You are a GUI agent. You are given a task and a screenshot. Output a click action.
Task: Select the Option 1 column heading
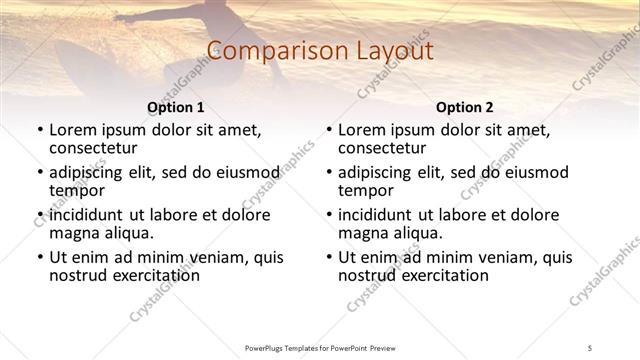(175, 107)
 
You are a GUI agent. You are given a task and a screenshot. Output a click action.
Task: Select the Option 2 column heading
(464, 107)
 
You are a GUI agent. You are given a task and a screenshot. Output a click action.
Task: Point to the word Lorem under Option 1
(73, 129)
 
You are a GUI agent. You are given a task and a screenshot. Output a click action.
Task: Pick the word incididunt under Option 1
(86, 215)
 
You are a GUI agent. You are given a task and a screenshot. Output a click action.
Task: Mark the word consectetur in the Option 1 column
(97, 147)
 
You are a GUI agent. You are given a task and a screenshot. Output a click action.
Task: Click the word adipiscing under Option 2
(375, 172)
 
